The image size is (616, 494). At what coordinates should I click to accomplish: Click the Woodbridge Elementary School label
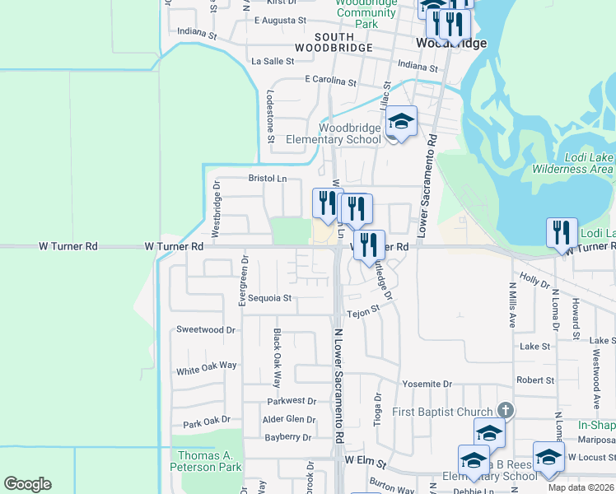tap(350, 133)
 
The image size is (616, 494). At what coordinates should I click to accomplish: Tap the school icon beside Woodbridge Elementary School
tap(401, 122)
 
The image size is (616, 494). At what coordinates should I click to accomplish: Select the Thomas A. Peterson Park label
tap(207, 461)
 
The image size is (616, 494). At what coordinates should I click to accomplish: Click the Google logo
tap(27, 484)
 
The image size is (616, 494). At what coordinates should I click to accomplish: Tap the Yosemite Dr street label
tap(427, 384)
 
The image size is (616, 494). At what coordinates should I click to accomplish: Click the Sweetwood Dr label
tap(206, 329)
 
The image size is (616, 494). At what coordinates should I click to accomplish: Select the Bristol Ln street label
tap(268, 178)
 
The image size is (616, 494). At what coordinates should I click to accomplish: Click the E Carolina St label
tap(330, 82)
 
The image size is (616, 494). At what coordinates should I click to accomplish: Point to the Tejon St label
tap(362, 313)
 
